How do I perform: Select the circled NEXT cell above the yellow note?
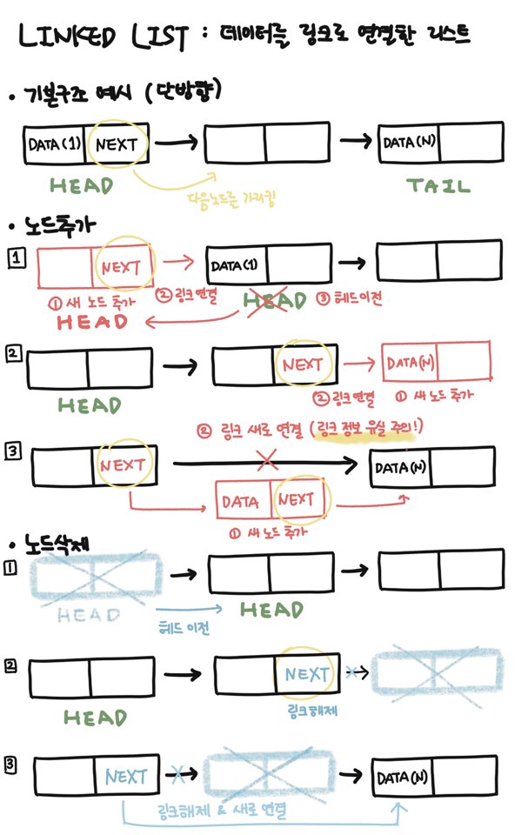pos(117,144)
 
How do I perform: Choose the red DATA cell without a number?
pos(242,501)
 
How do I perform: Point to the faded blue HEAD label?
pos(88,615)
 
